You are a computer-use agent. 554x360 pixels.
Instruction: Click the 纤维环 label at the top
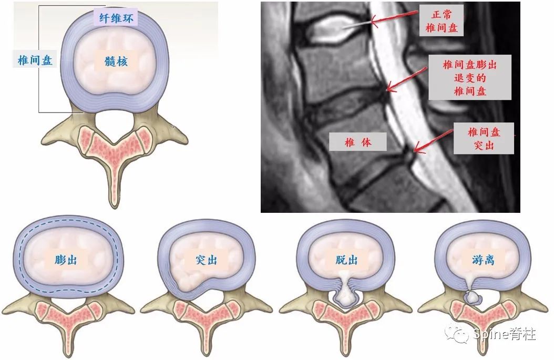[x=116, y=18]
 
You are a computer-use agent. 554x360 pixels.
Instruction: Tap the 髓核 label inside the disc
[x=116, y=61]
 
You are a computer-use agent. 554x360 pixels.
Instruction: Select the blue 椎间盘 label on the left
[x=35, y=60]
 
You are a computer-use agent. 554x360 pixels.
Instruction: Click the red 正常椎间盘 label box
[x=442, y=20]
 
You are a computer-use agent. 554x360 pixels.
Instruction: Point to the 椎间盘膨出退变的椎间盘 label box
[x=470, y=77]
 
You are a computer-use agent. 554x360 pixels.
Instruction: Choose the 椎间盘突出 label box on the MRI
[x=484, y=138]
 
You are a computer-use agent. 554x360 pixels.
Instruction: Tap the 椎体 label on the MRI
[x=358, y=142]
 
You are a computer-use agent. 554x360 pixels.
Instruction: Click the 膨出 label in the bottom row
[x=66, y=260]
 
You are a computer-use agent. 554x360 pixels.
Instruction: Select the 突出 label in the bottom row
[x=207, y=260]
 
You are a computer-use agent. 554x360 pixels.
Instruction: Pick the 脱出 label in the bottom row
[x=346, y=260]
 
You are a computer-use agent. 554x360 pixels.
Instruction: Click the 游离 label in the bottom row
[x=483, y=260]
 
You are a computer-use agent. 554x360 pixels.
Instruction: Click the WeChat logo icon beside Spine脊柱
[x=457, y=334]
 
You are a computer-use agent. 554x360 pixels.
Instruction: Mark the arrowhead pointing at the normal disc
[x=373, y=22]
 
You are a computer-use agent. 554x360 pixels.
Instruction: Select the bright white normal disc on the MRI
[x=333, y=28]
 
